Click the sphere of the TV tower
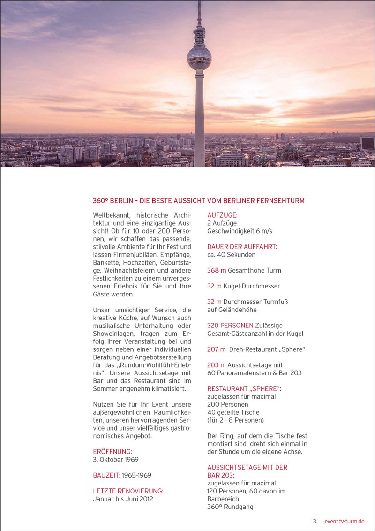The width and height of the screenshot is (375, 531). click(199, 57)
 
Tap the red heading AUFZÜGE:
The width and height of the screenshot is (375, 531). click(222, 215)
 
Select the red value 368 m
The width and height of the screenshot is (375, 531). click(217, 270)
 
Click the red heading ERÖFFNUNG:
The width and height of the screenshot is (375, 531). click(112, 452)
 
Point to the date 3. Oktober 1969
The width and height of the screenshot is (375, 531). click(116, 460)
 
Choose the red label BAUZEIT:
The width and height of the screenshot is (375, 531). click(106, 475)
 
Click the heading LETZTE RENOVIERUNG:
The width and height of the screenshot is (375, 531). click(128, 491)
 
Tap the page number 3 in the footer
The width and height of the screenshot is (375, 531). click(315, 521)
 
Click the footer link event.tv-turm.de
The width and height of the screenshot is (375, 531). click(344, 521)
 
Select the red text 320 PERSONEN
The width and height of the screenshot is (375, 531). click(230, 326)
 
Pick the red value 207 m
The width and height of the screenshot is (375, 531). click(217, 349)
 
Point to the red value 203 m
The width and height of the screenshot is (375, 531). click(217, 365)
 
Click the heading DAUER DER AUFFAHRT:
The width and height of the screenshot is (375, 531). click(242, 247)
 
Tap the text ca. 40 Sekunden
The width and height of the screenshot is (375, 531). click(231, 255)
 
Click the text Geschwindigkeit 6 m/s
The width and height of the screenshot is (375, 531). click(240, 231)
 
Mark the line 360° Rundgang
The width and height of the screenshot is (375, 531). click(230, 507)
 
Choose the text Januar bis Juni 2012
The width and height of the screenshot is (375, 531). click(123, 499)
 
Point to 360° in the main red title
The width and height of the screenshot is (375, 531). click(101, 201)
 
